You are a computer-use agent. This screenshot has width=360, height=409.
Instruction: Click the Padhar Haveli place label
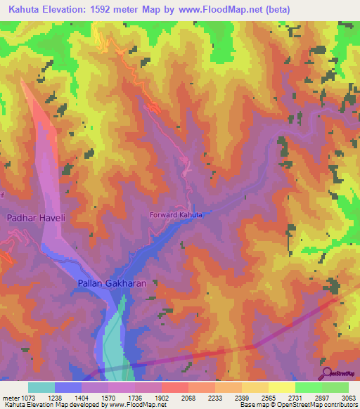(36, 219)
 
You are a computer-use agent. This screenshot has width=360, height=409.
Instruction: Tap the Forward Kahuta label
(176, 214)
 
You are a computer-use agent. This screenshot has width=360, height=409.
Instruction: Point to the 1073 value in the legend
(41, 396)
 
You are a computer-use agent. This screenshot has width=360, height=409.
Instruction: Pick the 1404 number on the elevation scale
(95, 396)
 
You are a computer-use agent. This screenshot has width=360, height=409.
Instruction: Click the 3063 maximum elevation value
(349, 396)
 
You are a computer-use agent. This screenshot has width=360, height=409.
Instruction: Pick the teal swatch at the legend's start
(41, 387)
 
